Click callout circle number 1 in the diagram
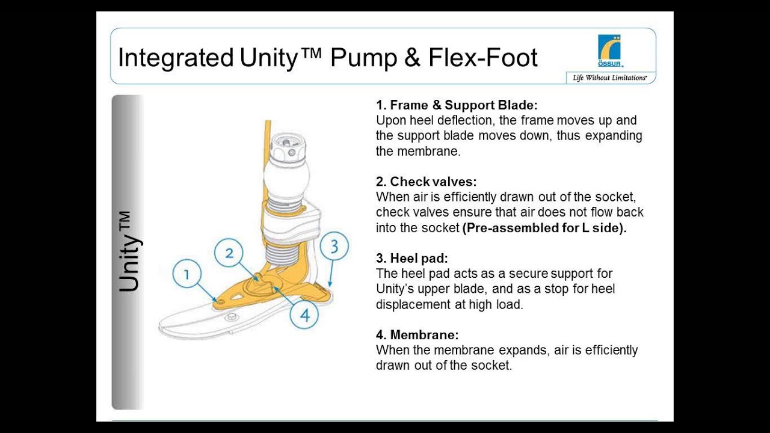tap(187, 275)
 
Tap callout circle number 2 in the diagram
tap(229, 253)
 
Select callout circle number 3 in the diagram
tap(334, 247)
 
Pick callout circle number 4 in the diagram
tap(305, 315)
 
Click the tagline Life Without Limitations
tap(609, 78)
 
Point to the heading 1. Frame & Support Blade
tap(452, 105)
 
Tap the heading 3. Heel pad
tap(412, 259)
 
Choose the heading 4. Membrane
tap(417, 335)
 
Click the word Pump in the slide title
tap(364, 58)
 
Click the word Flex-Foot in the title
tap(483, 58)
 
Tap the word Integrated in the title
tap(175, 58)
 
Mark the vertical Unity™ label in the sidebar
tap(129, 252)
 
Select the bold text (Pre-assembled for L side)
tap(544, 228)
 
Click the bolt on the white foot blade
tap(229, 317)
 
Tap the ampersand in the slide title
tap(411, 58)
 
